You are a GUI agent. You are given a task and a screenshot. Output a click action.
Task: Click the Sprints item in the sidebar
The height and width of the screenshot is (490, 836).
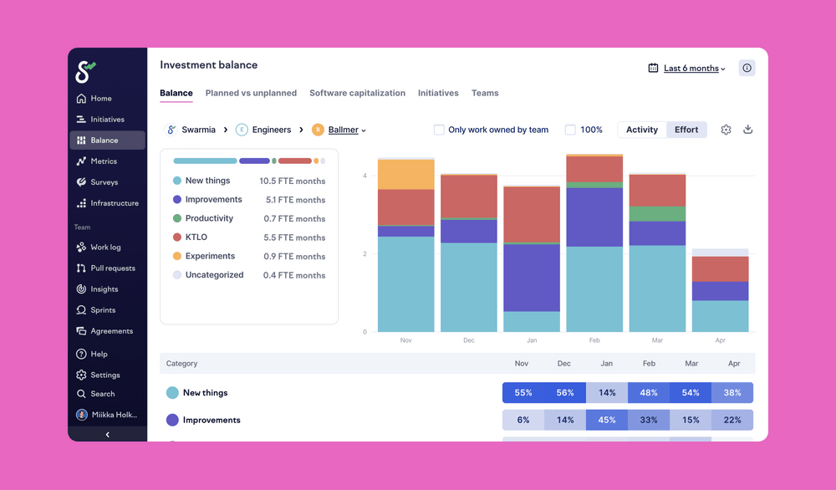pos(103,310)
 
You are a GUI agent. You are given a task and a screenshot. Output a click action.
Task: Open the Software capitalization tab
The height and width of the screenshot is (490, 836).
pos(357,93)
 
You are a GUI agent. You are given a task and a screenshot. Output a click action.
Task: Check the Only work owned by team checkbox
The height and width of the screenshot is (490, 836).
pos(439,130)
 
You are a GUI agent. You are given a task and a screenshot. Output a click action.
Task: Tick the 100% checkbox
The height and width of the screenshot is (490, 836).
pos(570,130)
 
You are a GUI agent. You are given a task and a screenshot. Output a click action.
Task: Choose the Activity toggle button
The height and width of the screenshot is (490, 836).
pos(642,130)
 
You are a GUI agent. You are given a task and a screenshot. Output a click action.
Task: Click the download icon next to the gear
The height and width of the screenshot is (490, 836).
pos(748,130)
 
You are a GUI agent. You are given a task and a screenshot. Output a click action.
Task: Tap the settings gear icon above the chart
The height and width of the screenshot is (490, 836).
pos(726,130)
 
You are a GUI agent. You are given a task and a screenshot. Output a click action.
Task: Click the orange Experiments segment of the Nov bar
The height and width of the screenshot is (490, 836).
pos(405,175)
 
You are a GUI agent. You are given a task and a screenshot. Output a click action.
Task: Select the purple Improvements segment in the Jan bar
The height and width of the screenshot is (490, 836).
pos(531,278)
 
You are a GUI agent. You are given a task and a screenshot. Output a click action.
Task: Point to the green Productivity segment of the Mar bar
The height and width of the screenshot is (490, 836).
pos(656,214)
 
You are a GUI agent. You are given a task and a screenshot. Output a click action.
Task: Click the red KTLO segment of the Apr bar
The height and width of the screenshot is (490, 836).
pos(720,269)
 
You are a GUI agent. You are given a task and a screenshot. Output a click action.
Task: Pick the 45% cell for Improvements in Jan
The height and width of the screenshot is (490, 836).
pos(607,420)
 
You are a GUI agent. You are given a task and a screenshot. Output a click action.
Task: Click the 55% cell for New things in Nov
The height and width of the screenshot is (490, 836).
pos(523,392)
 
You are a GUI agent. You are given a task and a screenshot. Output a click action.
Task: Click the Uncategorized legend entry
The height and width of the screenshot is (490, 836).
pos(214,275)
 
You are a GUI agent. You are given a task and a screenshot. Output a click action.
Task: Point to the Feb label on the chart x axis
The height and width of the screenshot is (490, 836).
pos(594,340)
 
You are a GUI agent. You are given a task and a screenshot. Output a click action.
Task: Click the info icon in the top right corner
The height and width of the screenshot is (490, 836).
pos(747,69)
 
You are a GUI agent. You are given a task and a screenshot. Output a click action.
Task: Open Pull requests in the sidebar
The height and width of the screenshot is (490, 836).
pos(112,268)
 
